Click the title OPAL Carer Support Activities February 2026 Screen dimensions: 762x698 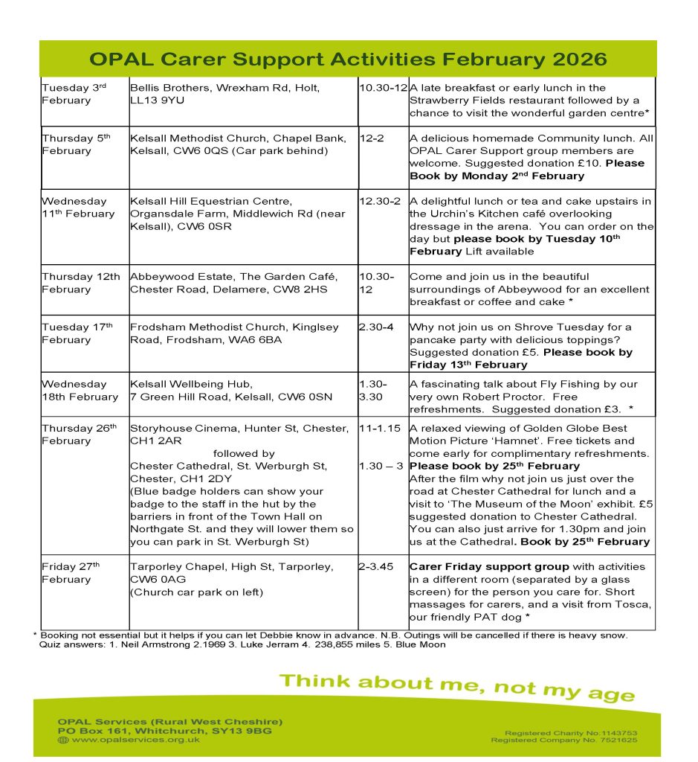click(x=348, y=60)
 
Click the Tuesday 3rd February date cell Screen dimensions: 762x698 click(x=74, y=94)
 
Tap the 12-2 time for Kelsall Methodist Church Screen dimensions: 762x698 click(x=371, y=138)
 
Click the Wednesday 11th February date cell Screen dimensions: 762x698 click(x=78, y=208)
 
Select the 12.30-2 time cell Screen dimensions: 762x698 click(x=380, y=202)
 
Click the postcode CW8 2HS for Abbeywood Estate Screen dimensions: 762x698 click(x=308, y=289)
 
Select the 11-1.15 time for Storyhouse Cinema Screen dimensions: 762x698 click(x=380, y=429)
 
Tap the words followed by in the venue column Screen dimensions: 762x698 click(x=244, y=454)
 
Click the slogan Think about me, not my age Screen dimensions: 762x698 click(x=456, y=685)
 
